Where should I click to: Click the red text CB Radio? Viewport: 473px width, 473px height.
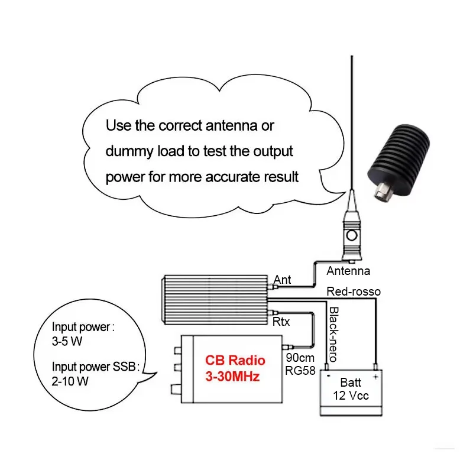[235, 360]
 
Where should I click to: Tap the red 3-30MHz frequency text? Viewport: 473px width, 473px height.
[232, 376]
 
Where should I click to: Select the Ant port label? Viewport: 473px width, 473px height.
[283, 280]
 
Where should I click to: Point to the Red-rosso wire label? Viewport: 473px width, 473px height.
[354, 291]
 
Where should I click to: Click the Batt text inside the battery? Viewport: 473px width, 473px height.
[351, 383]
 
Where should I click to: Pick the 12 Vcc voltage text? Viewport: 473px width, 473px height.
[351, 396]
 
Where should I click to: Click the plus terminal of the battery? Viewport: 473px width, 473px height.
[375, 375]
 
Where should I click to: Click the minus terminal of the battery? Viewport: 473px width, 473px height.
[327, 375]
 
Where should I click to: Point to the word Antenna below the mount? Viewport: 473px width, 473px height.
[348, 271]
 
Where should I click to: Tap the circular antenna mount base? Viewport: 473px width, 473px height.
[352, 237]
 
